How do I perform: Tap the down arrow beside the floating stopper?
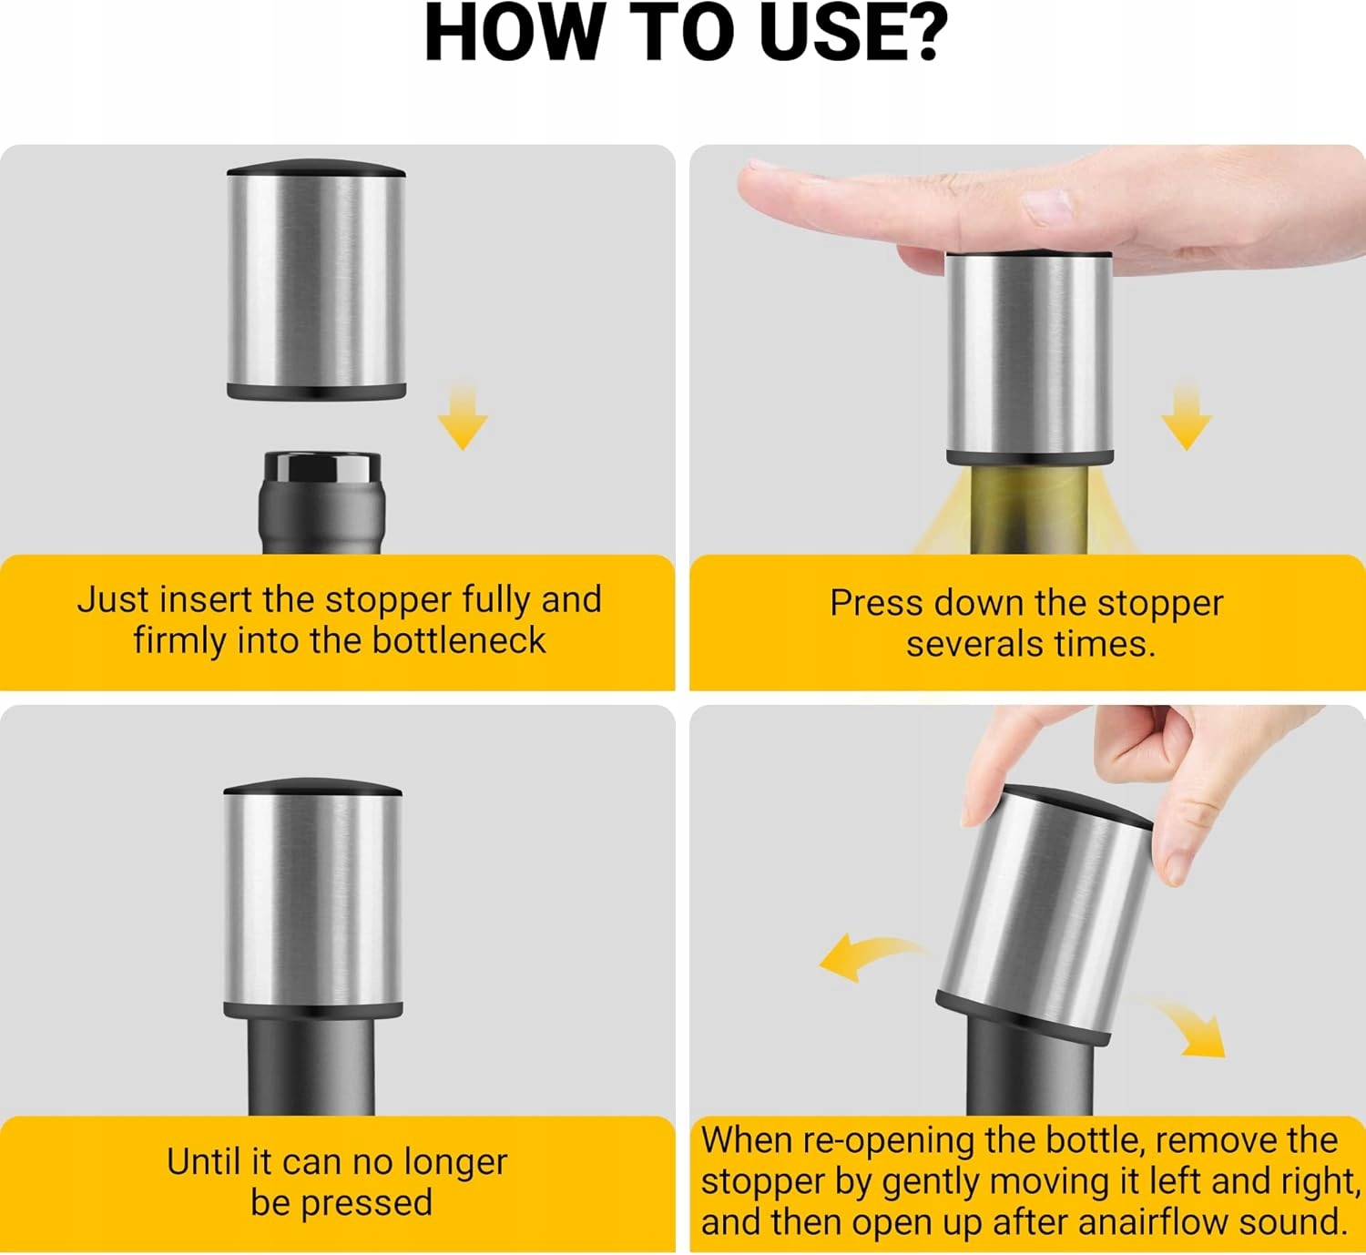click(x=463, y=417)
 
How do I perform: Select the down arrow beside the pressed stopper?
click(x=1187, y=417)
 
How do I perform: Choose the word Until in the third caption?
click(x=205, y=1162)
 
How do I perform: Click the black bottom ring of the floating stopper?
click(x=317, y=391)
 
